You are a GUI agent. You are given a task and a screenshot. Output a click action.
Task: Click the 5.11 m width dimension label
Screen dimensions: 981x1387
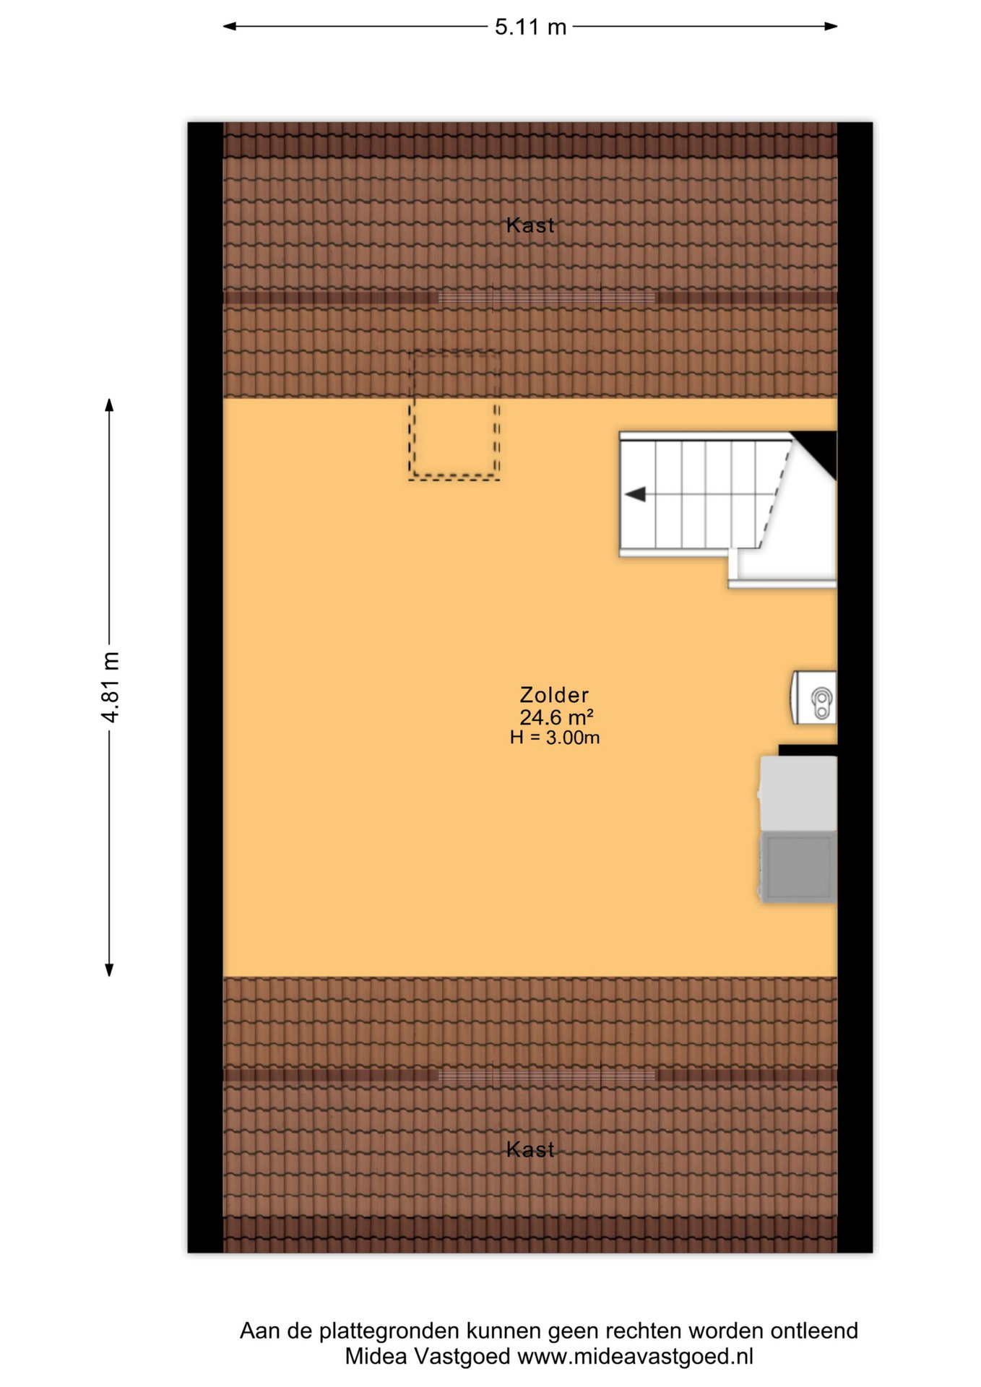pyautogui.click(x=530, y=27)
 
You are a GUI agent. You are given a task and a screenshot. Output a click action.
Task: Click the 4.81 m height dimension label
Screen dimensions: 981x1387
pyautogui.click(x=111, y=686)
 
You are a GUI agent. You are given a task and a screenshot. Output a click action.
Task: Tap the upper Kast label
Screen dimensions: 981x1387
pyautogui.click(x=530, y=225)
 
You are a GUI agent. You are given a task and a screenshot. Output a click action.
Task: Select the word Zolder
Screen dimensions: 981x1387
pyautogui.click(x=554, y=695)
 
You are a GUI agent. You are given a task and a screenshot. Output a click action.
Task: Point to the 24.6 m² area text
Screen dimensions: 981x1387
pyautogui.click(x=556, y=717)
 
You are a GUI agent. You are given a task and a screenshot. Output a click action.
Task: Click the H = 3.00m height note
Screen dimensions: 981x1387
pyautogui.click(x=555, y=738)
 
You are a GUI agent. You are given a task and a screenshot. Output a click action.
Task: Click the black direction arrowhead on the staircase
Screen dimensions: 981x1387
pyautogui.click(x=635, y=495)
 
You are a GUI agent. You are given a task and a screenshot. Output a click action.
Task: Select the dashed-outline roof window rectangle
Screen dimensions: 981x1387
pyautogui.click(x=454, y=415)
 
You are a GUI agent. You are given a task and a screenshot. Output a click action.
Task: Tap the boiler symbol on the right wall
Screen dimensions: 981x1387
pyautogui.click(x=814, y=697)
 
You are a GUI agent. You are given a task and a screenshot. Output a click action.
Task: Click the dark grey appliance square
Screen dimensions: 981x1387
pyautogui.click(x=799, y=866)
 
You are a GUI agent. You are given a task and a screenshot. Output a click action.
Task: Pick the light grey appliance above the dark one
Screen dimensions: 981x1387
pyautogui.click(x=798, y=793)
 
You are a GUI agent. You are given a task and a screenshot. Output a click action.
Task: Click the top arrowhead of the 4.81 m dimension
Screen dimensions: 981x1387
pyautogui.click(x=110, y=405)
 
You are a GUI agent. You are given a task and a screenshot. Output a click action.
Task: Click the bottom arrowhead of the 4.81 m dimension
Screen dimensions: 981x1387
pyautogui.click(x=110, y=969)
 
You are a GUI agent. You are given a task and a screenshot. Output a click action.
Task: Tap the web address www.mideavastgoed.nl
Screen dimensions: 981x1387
pyautogui.click(x=635, y=1357)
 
